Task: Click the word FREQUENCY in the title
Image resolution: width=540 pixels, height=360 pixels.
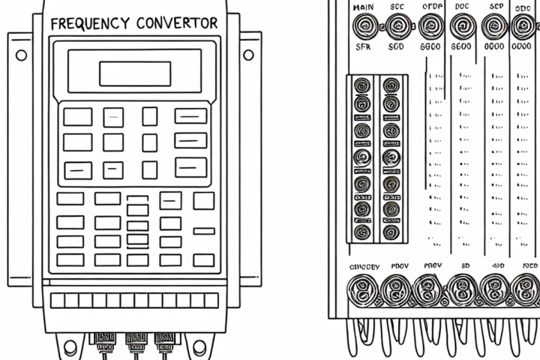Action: pyautogui.click(x=88, y=23)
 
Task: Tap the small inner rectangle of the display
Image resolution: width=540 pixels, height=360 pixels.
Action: pyautogui.click(x=134, y=73)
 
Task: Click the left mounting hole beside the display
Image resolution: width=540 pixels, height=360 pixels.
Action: pyautogui.click(x=21, y=55)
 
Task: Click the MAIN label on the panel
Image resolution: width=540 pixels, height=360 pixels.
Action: pyautogui.click(x=362, y=7)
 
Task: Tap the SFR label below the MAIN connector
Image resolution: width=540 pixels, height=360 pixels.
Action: pyautogui.click(x=362, y=47)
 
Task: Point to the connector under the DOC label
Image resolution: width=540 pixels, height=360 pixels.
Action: pyautogui.click(x=463, y=28)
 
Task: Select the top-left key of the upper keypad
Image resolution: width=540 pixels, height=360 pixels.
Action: pyautogui.click(x=77, y=116)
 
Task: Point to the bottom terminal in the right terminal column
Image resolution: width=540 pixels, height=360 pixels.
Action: pyautogui.click(x=390, y=232)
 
